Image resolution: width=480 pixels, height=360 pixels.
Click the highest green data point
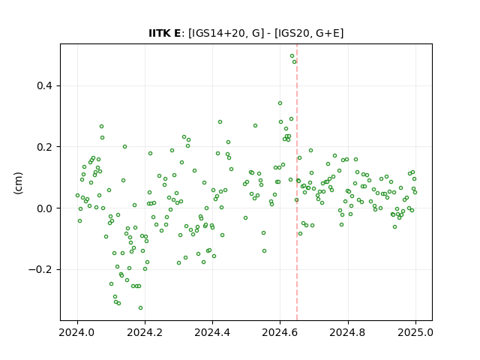point(292,56)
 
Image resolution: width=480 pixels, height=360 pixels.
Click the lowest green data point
point(140,308)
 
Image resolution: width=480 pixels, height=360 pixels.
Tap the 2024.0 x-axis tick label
point(77,332)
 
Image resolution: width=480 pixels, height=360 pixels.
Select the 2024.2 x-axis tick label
point(145,332)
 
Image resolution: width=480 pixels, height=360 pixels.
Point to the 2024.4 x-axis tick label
point(212,332)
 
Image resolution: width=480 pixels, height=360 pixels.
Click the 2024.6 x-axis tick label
point(280,332)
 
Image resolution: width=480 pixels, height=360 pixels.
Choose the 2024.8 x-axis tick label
point(347,332)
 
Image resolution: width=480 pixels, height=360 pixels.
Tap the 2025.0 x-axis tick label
point(415,332)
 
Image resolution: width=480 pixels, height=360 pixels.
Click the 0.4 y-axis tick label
point(44,85)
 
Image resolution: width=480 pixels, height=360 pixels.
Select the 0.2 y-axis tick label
point(44,147)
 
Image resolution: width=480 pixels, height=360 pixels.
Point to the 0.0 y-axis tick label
point(44,208)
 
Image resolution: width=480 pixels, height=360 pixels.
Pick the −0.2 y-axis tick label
point(40,270)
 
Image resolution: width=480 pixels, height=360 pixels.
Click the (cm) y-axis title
point(18,183)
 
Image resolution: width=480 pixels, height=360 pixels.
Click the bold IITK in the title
point(157,33)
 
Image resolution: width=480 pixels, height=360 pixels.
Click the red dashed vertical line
point(297,182)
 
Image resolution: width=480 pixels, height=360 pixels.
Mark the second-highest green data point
point(295,61)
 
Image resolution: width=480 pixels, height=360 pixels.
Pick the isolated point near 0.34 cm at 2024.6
point(280,103)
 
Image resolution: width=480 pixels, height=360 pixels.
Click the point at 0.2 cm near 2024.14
point(125,147)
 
